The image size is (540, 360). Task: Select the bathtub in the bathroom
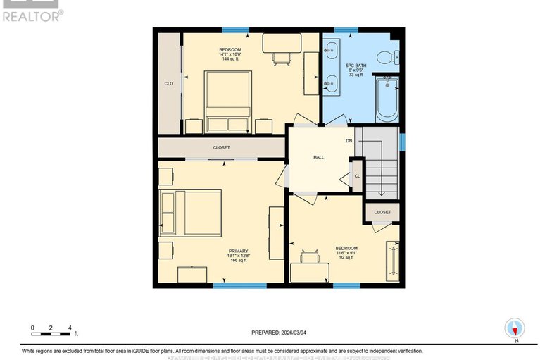(x=387, y=99)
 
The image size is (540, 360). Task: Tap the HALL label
(x=318, y=157)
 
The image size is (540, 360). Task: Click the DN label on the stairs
(x=349, y=141)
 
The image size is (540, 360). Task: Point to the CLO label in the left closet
(x=169, y=84)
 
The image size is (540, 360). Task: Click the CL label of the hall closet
(x=357, y=176)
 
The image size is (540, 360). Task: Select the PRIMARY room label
(x=237, y=251)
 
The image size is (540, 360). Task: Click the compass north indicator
(x=515, y=328)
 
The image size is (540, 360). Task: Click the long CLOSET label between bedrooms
(x=222, y=148)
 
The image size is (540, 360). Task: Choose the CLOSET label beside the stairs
(x=382, y=212)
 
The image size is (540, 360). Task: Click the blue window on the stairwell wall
(x=402, y=142)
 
